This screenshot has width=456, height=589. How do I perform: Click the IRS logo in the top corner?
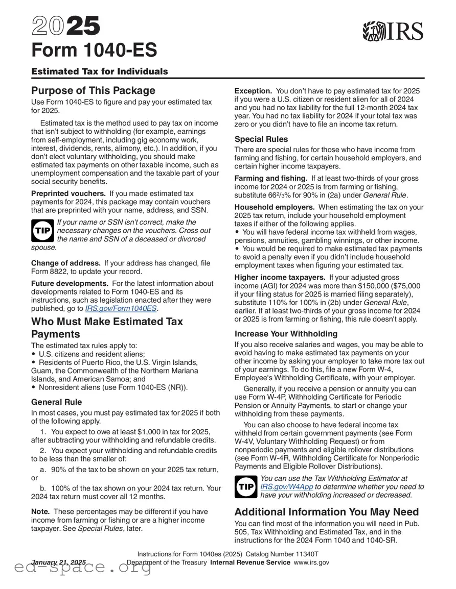(393, 31)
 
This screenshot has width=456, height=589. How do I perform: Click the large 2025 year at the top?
(66, 26)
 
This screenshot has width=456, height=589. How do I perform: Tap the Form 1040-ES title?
(94, 50)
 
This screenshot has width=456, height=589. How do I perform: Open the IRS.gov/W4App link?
(287, 487)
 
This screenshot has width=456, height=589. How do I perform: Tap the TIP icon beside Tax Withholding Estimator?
(246, 486)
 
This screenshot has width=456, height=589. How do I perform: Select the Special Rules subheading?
(261, 139)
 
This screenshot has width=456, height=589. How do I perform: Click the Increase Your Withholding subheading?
(286, 333)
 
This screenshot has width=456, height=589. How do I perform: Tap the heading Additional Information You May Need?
(326, 512)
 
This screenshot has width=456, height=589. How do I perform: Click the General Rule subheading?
(56, 402)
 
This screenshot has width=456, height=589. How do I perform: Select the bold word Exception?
(253, 90)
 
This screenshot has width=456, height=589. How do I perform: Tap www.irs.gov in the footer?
(311, 562)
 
